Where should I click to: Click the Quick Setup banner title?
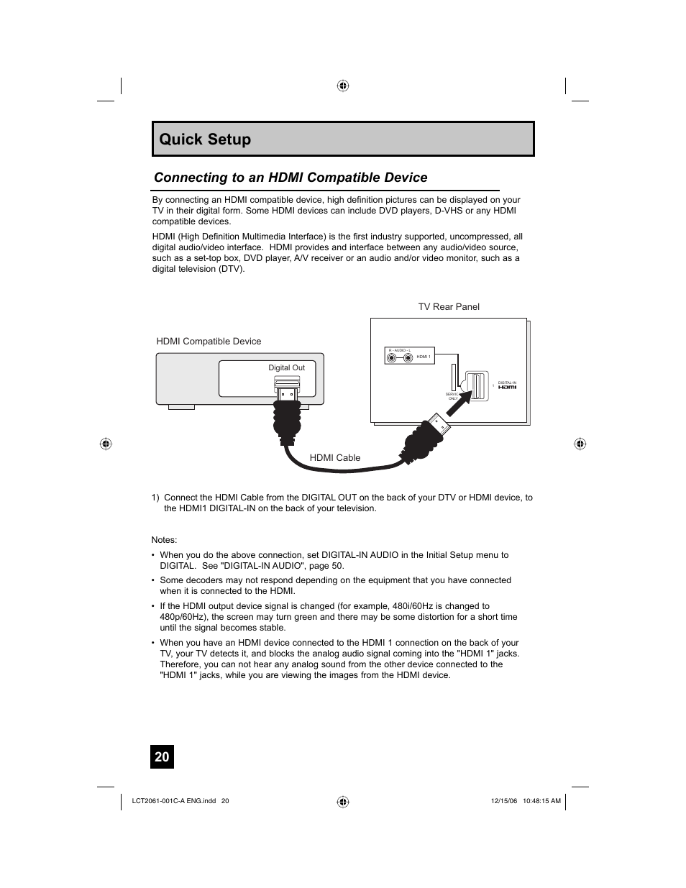(206, 139)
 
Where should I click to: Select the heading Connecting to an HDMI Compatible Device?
(291, 178)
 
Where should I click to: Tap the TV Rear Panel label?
(449, 307)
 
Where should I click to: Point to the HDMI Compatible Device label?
(209, 342)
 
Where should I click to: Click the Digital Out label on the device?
(286, 367)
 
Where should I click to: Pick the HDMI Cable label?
(334, 457)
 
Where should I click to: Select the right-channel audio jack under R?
(392, 357)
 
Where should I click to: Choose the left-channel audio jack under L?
(408, 357)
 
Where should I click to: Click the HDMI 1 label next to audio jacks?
(424, 357)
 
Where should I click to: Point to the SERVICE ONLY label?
(452, 396)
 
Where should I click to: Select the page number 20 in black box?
(162, 756)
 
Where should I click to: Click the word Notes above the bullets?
(164, 540)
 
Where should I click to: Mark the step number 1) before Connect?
(155, 498)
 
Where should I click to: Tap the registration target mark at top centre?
(343, 86)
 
